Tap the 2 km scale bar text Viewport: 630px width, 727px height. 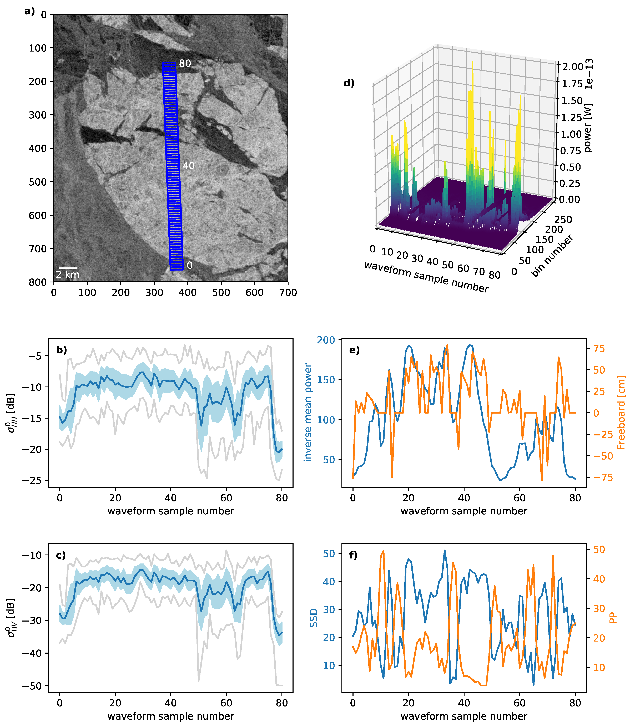point(68,274)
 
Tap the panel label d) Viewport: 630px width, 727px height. point(349,83)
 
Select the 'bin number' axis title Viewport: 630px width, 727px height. point(552,255)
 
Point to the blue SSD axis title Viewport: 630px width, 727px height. point(313,618)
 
